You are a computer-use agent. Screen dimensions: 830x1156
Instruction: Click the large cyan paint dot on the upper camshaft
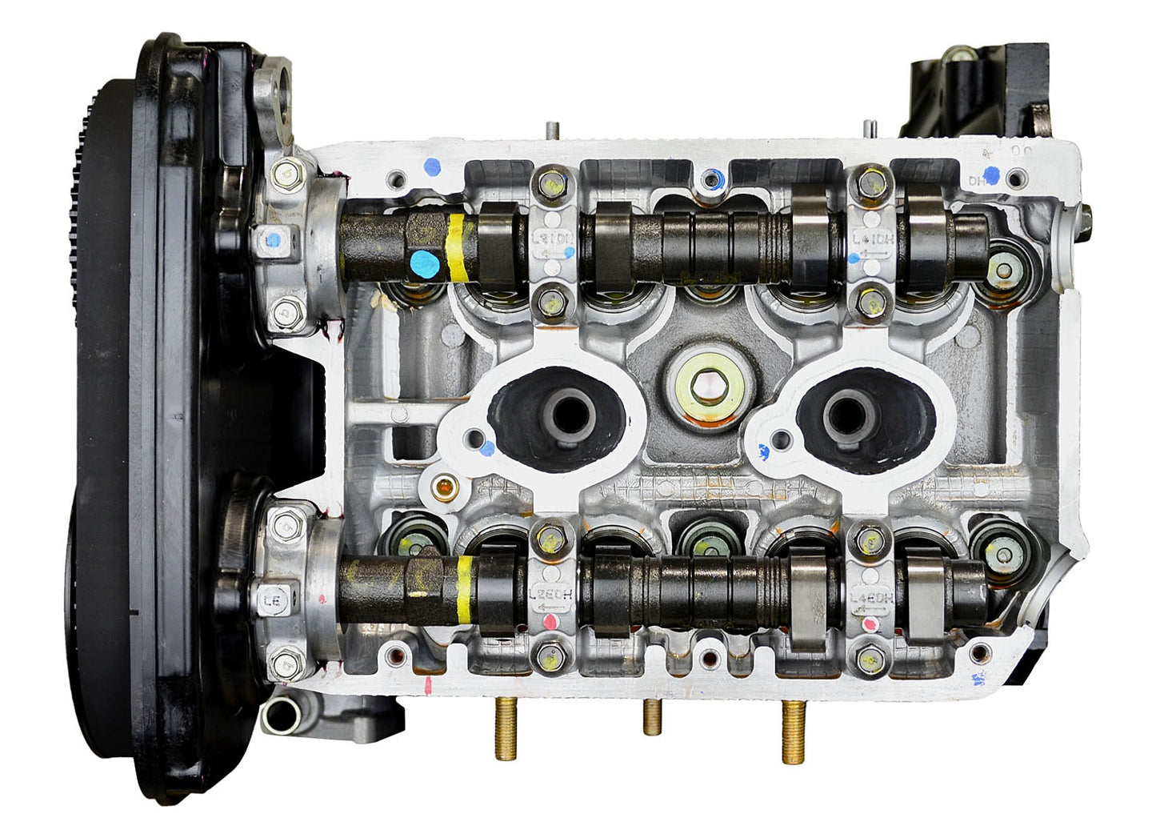422,263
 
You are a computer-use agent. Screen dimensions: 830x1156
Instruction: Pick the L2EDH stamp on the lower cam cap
551,595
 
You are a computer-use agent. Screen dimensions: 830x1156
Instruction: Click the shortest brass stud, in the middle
653,717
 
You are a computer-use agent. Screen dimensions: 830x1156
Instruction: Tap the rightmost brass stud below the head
793,732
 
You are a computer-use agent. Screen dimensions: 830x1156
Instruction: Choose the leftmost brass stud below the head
506,728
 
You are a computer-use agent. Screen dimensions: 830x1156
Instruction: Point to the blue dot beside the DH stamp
991,175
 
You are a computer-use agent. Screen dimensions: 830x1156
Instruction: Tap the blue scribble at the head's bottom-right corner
978,679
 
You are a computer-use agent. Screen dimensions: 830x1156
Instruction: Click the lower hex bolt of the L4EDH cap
870,660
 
